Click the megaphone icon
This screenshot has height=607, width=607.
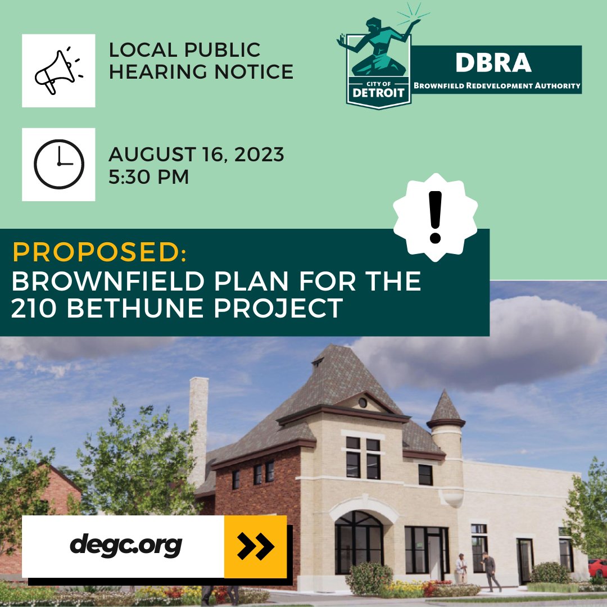[58, 71]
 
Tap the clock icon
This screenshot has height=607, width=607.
[58, 164]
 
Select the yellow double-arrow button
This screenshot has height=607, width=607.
[255, 546]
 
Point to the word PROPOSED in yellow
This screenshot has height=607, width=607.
[99, 253]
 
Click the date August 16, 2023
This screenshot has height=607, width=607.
[196, 154]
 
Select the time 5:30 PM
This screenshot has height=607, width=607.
[148, 176]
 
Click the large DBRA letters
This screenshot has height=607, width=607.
[493, 64]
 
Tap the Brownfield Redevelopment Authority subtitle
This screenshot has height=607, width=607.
[496, 85]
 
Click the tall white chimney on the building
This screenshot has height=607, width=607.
[198, 427]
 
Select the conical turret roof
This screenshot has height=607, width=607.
[446, 407]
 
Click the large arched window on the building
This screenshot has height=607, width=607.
[359, 543]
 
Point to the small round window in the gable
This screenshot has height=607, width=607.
[363, 402]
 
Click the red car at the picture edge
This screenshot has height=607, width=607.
[598, 568]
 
